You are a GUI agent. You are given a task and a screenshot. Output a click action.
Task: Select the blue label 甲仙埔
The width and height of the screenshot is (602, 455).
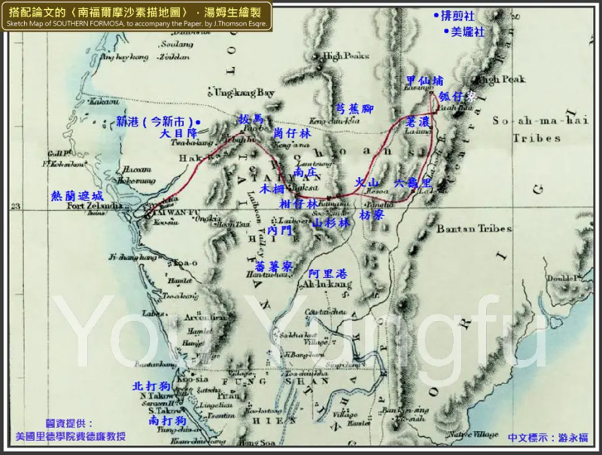[x=423, y=81]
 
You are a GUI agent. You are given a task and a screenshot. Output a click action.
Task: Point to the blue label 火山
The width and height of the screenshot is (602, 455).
[x=366, y=182]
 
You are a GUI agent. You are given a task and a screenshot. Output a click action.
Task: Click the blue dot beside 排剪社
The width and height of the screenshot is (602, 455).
[x=436, y=15]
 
